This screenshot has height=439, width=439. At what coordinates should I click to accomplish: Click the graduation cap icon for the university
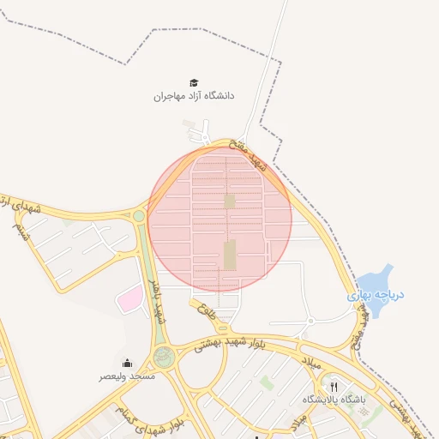click(x=195, y=82)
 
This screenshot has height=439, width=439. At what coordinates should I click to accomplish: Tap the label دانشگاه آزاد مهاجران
click(x=194, y=96)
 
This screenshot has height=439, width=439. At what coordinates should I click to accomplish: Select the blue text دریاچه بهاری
click(x=376, y=295)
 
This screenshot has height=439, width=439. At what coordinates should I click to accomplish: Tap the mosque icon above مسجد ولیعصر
click(x=128, y=363)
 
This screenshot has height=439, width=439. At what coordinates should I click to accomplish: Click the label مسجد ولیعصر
click(x=128, y=376)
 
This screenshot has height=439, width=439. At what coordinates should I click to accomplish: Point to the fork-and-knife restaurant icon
click(x=334, y=387)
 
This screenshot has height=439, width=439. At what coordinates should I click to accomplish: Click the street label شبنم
click(x=20, y=232)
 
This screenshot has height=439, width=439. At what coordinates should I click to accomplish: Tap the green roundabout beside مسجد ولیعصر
click(x=163, y=357)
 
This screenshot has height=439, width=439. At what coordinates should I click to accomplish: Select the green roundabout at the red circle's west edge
click(x=139, y=216)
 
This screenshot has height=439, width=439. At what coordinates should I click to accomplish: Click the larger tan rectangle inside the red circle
click(x=229, y=255)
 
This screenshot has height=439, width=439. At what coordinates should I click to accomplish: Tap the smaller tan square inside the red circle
click(x=229, y=201)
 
